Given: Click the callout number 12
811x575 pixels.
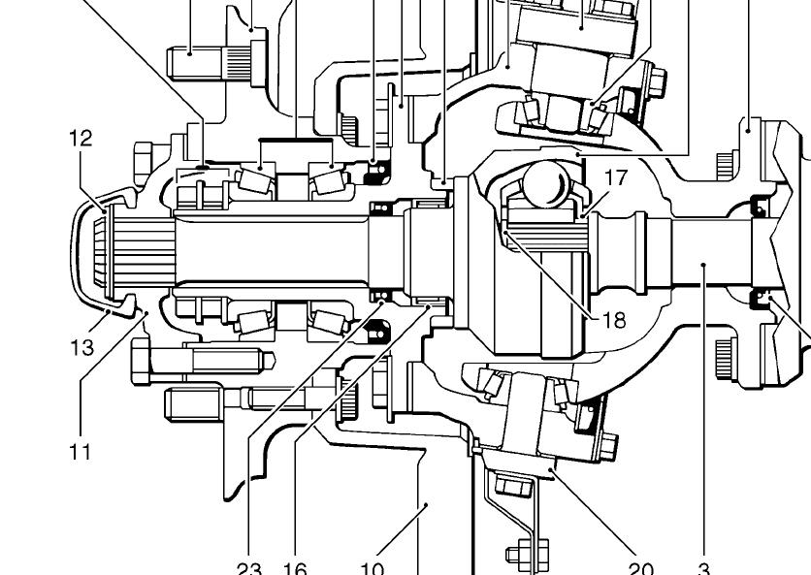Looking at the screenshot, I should click(81, 139).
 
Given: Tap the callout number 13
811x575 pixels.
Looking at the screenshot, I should click(81, 347).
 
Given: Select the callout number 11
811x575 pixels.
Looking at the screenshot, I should click(80, 450).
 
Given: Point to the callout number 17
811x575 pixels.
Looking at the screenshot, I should click(617, 177).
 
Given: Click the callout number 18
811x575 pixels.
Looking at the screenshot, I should click(614, 319).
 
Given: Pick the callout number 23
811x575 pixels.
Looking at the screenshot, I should click(249, 568).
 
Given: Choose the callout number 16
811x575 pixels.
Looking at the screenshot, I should click(295, 568).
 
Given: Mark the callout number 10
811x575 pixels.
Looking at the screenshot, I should click(373, 568).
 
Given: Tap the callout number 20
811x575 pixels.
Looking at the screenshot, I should click(640, 568).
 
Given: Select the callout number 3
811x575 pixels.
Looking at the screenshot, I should click(704, 568).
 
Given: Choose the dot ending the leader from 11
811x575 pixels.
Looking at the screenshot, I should click(146, 311).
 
